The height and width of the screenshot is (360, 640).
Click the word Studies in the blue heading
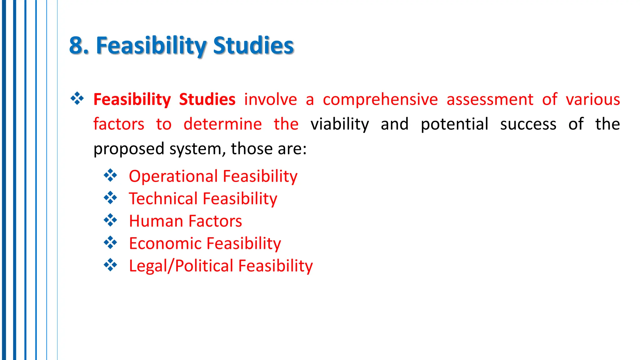click(x=253, y=46)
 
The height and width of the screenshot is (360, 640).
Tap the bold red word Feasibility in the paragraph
click(x=132, y=100)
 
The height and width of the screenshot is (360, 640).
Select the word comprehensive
click(x=380, y=100)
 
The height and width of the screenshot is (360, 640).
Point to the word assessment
click(x=490, y=100)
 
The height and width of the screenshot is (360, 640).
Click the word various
click(x=593, y=100)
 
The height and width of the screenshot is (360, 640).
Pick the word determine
click(x=222, y=124)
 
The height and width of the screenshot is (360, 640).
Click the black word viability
click(x=340, y=124)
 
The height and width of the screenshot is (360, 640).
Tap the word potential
click(x=454, y=124)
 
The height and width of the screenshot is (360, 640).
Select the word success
click(x=528, y=124)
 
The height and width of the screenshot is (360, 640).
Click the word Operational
click(x=173, y=176)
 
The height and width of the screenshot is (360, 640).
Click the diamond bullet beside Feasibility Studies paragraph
click(x=77, y=99)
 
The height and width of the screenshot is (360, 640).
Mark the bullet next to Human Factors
click(x=110, y=220)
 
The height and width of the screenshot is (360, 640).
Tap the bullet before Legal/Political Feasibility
click(x=110, y=265)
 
